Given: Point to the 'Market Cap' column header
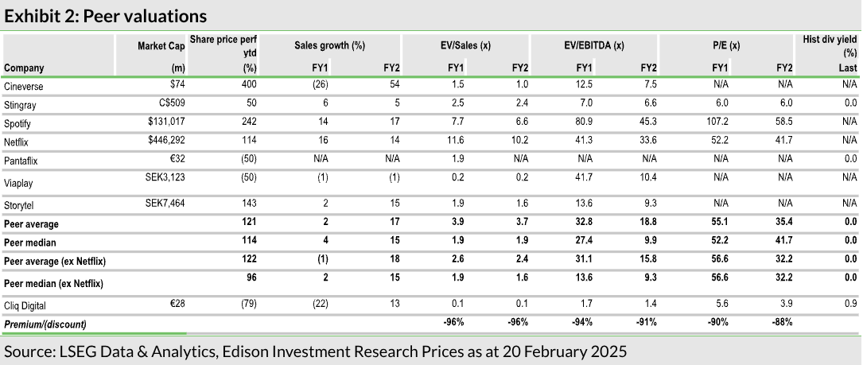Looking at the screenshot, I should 161,46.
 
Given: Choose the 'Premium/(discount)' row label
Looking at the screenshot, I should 45,324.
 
